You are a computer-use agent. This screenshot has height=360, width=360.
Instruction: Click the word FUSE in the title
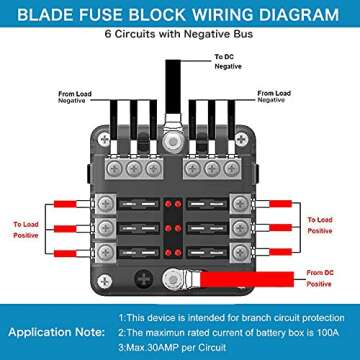coord(112,14)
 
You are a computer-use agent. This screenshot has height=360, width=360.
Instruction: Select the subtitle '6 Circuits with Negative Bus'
coord(179,36)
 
